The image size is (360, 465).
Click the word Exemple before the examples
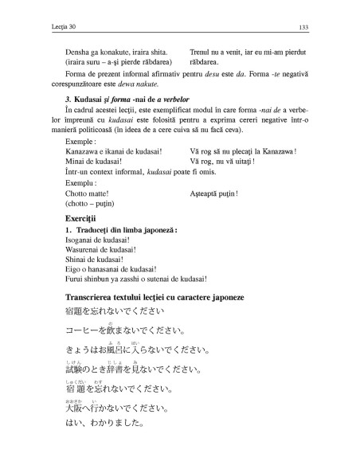(80, 141)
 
